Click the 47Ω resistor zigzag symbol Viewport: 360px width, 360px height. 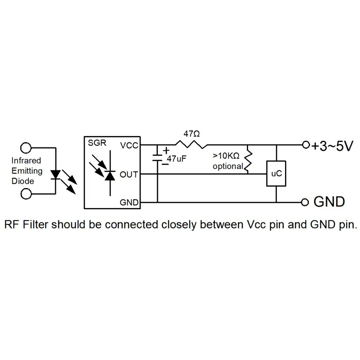coord(191,145)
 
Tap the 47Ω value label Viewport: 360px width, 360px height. coord(191,133)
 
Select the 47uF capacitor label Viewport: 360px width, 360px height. coord(176,159)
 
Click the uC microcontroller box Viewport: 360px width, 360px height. coord(276,173)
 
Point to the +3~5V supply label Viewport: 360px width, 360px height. coord(332,146)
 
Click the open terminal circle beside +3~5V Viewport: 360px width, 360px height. coord(306,145)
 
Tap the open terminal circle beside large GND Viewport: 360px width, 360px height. coord(305,202)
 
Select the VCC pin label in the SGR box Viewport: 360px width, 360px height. coord(129,146)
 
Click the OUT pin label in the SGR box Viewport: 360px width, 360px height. coord(129,174)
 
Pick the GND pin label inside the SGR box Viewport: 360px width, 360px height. coord(129,202)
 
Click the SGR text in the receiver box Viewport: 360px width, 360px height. coord(97,143)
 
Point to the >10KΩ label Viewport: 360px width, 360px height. coord(226,156)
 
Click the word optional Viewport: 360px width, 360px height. coord(228,166)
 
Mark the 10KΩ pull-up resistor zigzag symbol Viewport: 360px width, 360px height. coord(248,162)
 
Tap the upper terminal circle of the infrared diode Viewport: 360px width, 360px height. coord(26,148)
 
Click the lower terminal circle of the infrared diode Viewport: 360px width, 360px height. coord(26,194)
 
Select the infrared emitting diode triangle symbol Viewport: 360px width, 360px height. coord(55,174)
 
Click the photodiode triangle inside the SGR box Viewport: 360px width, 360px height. coord(110,176)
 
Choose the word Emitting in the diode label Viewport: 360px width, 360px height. coord(27,171)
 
